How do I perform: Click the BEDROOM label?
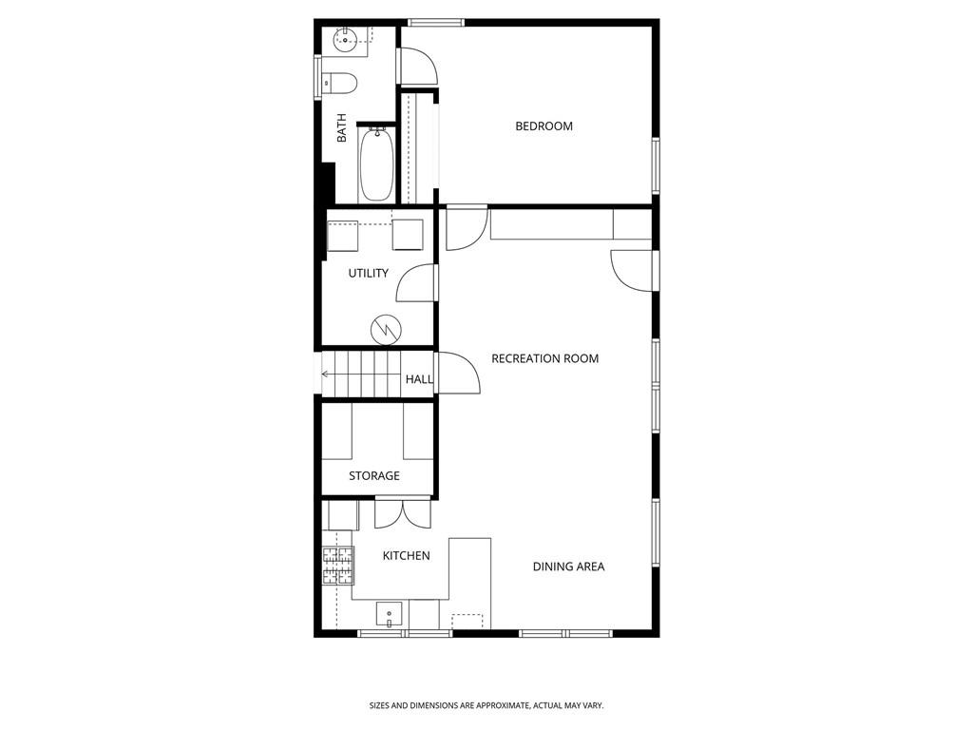[544, 126]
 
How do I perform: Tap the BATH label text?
[341, 129]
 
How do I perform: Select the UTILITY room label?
[368, 274]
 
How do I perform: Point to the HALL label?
[419, 379]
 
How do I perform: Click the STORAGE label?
[373, 475]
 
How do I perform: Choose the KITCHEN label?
[406, 556]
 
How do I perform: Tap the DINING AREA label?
[568, 567]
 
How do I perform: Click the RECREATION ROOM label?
[544, 358]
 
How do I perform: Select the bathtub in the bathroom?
[376, 164]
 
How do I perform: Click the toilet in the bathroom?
[339, 84]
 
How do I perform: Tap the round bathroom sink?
[346, 39]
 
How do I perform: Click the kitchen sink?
[390, 613]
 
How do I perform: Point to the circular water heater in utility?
[386, 328]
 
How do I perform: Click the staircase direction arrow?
[328, 374]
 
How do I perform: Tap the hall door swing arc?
[460, 373]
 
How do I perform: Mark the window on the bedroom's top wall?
[436, 22]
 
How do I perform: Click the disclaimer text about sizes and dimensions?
[486, 705]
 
